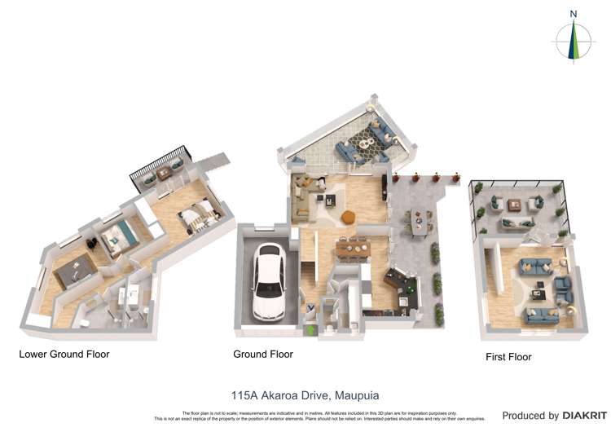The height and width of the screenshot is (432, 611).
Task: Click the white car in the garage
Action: pos(269,280)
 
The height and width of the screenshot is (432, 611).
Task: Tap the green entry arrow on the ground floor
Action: pos(310,330)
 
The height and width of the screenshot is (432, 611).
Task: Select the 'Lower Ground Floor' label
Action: pos(64,355)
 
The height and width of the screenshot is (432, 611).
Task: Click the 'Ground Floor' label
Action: pos(263,355)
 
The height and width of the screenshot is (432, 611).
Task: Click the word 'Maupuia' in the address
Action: pos(357,395)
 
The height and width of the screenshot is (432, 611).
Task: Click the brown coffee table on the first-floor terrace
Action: pos(515,205)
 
